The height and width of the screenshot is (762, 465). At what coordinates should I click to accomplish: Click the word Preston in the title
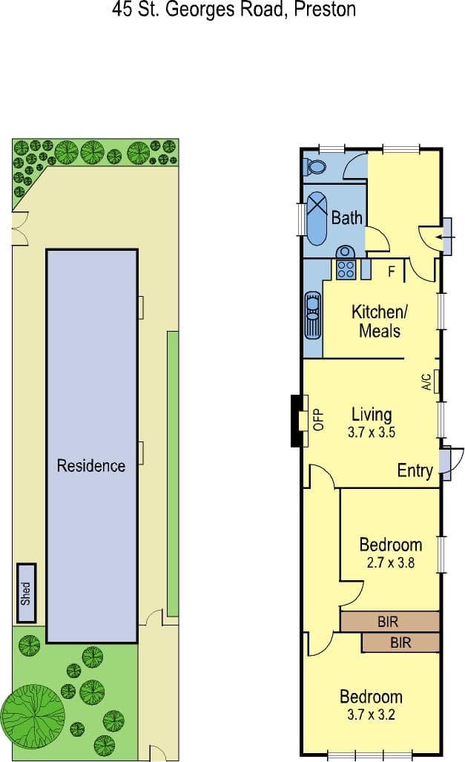325,9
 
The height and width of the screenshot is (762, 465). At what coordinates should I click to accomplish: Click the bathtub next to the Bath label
317,218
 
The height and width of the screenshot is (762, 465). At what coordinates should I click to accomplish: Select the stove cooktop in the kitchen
346,269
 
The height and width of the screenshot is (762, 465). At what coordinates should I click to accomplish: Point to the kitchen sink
312,315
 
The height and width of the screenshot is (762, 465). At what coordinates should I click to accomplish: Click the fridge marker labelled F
392,271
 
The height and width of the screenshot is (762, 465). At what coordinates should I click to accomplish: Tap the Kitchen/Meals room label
380,321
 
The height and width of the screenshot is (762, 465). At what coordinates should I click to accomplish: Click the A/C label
426,381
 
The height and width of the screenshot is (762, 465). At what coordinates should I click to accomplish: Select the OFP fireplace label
319,420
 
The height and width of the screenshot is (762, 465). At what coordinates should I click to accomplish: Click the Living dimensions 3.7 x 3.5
372,432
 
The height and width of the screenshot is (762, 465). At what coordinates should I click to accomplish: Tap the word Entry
415,470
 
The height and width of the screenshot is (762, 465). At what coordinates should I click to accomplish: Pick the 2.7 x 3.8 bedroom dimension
390,562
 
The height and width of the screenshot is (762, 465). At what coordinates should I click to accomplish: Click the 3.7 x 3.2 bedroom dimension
372,715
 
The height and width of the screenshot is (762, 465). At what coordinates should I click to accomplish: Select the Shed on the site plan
26,593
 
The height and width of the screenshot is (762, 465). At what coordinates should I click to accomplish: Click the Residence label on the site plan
91,465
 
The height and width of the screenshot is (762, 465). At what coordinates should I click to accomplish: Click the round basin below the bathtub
345,252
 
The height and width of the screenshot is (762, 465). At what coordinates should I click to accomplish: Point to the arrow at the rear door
446,237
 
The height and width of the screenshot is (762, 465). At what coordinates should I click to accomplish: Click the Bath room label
347,217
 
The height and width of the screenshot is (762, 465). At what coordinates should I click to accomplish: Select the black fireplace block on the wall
296,421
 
